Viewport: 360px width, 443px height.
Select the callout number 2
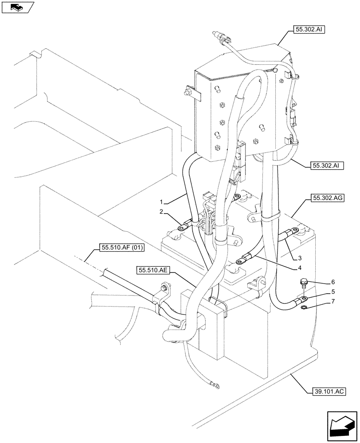pyautogui.click(x=162, y=211)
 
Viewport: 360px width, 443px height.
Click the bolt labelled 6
pyautogui.click(x=304, y=282)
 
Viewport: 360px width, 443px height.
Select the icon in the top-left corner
pyautogui.click(x=18, y=7)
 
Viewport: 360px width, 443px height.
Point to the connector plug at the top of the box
pyautogui.click(x=219, y=35)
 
